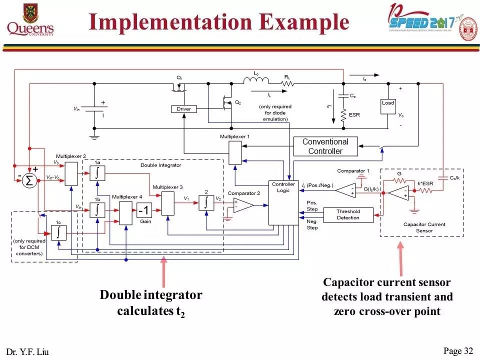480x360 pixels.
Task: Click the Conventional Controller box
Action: (x=325, y=146)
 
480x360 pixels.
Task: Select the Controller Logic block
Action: (x=283, y=202)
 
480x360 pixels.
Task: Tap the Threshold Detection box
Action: (x=348, y=214)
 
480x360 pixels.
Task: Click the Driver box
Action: (x=184, y=109)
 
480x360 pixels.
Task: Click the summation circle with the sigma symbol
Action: (x=29, y=181)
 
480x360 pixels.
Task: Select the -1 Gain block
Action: (x=144, y=210)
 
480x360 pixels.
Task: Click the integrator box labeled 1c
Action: (x=58, y=232)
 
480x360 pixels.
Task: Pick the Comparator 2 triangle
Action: (x=242, y=205)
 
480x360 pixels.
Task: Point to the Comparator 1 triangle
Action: (x=344, y=189)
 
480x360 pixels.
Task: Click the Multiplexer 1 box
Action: (x=235, y=152)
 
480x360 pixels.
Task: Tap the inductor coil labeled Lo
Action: (x=256, y=80)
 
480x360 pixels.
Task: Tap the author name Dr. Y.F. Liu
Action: (x=28, y=352)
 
